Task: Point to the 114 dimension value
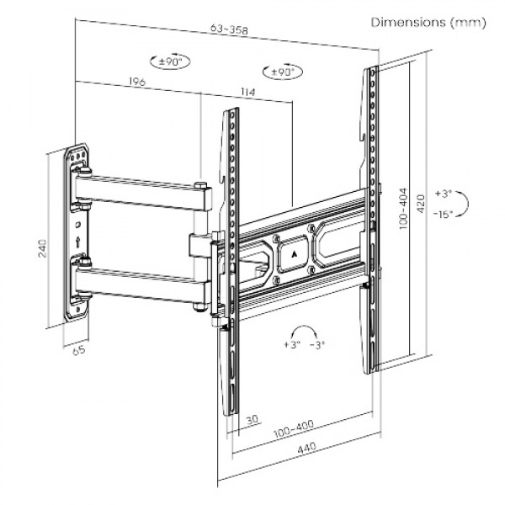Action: coord(247,91)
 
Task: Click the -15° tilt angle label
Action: coord(446,214)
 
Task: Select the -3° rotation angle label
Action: coord(317,345)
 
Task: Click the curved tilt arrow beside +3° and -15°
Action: coord(469,203)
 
